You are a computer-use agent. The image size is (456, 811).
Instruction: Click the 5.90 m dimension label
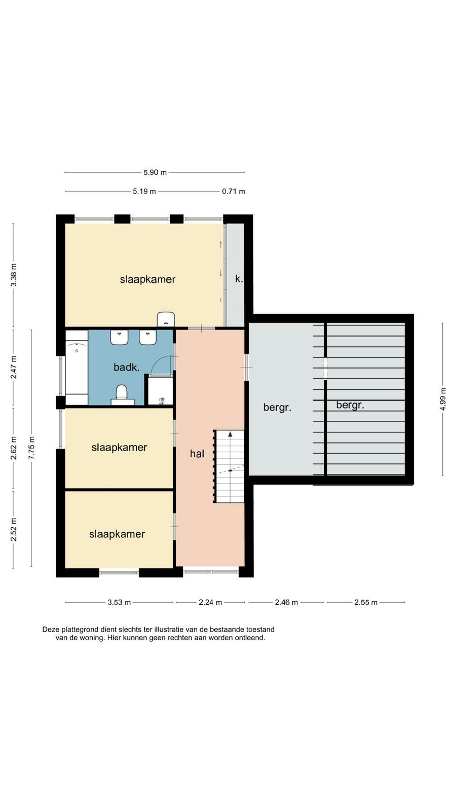point(155,173)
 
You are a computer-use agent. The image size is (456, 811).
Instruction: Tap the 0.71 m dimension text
point(234,192)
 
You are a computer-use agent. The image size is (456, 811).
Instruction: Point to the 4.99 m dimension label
point(443,398)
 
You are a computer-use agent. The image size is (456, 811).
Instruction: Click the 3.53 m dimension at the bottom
point(119,603)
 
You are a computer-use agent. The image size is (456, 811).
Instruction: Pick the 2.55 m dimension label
point(365,603)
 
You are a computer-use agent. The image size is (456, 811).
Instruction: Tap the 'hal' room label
point(197,454)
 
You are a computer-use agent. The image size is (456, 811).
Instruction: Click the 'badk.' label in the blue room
point(127,367)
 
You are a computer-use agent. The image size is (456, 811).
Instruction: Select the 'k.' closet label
point(239,279)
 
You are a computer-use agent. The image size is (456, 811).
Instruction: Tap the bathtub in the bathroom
point(77,367)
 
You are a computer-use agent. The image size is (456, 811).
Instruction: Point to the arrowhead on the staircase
point(230,434)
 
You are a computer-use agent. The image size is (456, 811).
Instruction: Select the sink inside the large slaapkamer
point(166,319)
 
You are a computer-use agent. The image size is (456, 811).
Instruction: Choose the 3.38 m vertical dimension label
point(14,275)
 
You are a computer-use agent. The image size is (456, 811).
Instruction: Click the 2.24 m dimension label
point(210,603)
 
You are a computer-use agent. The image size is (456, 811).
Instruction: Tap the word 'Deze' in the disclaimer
point(50,630)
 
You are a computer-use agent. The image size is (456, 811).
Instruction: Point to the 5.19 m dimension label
point(144,192)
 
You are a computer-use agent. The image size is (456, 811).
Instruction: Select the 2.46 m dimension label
point(286,603)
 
